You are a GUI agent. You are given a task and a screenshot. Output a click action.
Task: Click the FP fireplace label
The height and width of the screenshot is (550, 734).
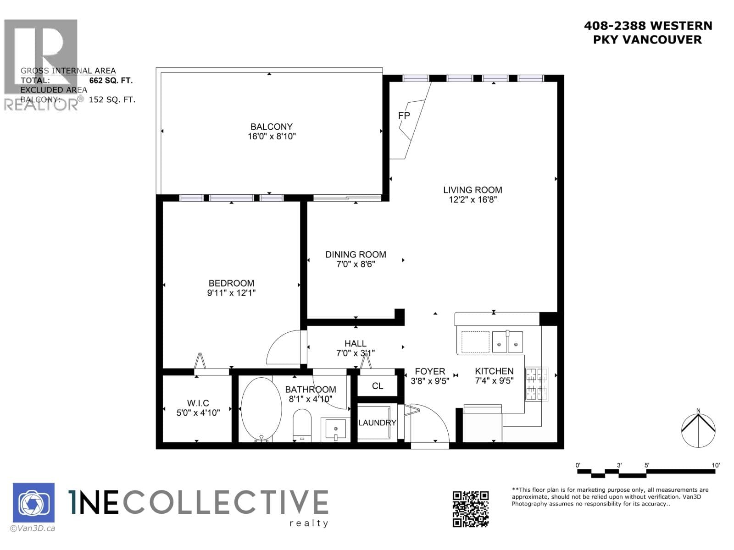click(404, 116)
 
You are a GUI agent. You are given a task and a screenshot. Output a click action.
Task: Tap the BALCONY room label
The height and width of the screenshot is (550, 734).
click(272, 126)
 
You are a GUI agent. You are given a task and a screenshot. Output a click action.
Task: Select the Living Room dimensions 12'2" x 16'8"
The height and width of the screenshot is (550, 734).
click(473, 200)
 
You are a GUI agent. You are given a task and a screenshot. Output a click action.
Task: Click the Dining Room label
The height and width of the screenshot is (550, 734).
click(356, 254)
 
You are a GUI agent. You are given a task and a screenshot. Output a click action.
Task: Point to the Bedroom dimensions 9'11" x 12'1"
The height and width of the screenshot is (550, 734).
click(231, 293)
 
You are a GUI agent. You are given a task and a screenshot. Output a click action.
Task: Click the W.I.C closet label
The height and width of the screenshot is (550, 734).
click(198, 403)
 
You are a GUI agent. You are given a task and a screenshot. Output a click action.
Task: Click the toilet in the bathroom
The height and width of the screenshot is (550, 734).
click(302, 425)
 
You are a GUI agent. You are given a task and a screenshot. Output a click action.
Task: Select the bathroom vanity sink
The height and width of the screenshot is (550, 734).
click(335, 429)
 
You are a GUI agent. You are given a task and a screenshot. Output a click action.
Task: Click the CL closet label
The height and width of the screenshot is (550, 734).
click(378, 386)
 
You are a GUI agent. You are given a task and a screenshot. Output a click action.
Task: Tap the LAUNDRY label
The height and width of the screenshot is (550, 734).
click(377, 423)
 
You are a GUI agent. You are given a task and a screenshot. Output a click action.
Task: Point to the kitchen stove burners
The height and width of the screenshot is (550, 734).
click(536, 384)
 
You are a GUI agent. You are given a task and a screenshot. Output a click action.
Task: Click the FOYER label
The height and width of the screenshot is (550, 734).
click(430, 371)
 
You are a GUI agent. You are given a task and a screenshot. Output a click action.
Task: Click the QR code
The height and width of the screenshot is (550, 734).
click(471, 509)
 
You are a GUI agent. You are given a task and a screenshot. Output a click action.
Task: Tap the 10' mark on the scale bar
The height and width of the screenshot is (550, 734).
click(715, 465)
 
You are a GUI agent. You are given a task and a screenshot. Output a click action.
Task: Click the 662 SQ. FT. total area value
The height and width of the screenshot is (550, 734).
click(111, 81)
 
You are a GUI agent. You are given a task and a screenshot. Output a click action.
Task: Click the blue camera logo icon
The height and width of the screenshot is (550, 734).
click(33, 503)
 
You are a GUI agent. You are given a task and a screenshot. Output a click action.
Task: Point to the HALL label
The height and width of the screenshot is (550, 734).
click(356, 343)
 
